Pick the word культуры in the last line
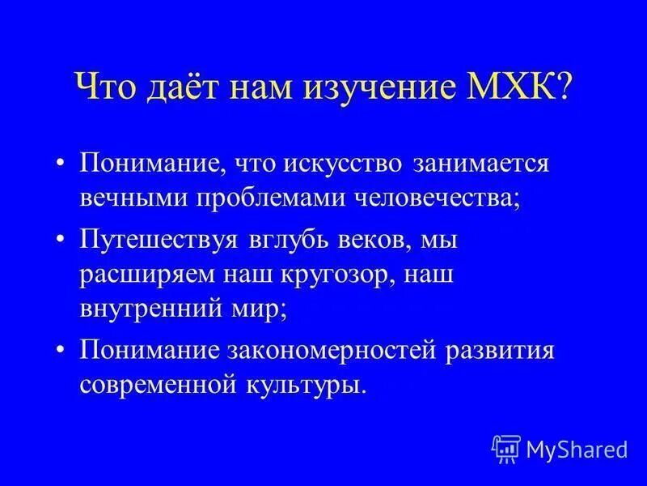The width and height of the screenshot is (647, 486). (311, 385)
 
